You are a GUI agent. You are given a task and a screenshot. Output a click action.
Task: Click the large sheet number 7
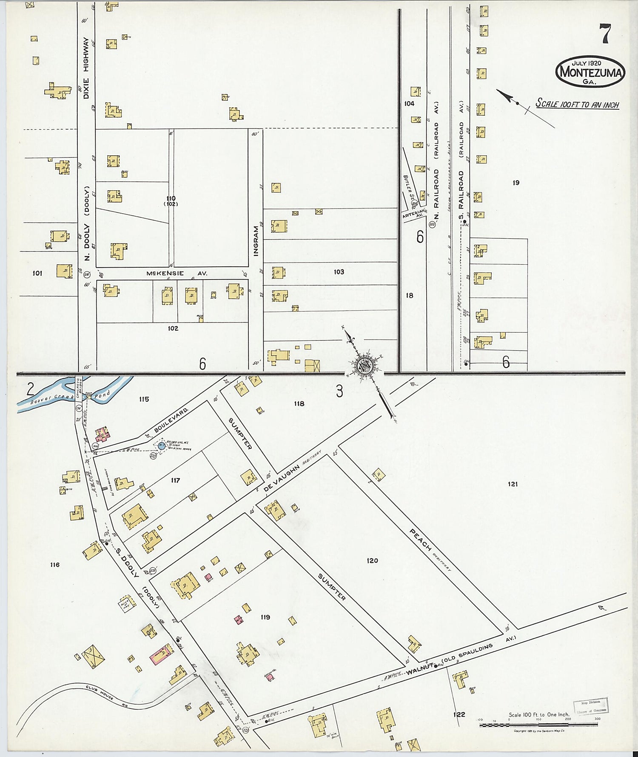tap(605, 34)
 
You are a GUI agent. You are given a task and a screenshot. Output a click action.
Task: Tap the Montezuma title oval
tap(590, 72)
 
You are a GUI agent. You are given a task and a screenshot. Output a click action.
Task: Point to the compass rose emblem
tap(365, 366)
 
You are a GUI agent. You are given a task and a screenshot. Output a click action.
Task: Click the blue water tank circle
tap(162, 446)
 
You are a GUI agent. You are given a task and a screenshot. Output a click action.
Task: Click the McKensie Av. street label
tap(177, 274)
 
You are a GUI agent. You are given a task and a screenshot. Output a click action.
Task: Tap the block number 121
tap(513, 484)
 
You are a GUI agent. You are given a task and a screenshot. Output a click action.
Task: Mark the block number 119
tap(265, 617)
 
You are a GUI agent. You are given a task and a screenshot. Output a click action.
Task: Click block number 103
tap(339, 272)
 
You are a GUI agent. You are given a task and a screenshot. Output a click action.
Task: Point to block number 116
tap(54, 565)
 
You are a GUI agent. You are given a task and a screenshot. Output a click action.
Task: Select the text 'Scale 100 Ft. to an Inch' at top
tap(577, 103)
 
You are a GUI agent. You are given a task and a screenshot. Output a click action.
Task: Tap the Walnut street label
tap(419, 671)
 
